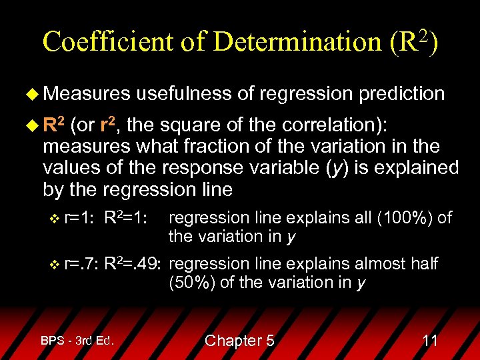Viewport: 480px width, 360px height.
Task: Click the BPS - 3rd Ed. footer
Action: tap(77, 341)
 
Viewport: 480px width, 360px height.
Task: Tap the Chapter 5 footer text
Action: tap(239, 341)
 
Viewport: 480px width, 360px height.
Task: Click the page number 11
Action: tap(430, 341)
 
